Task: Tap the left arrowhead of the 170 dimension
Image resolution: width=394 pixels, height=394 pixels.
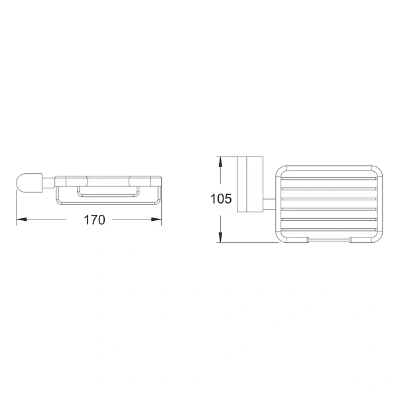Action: (x=19, y=220)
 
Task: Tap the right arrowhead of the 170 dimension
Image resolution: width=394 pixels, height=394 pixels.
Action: (x=159, y=220)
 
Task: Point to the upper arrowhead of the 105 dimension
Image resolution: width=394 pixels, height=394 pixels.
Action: (x=220, y=160)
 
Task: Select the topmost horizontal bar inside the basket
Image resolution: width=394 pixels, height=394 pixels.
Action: (x=329, y=178)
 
